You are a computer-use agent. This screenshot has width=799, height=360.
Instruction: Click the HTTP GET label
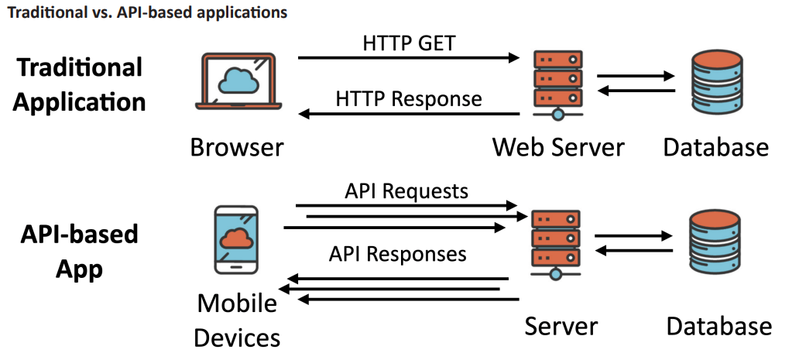[409, 43]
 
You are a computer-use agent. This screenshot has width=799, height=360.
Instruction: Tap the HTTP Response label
[409, 99]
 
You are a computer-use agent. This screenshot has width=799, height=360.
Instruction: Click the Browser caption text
[237, 146]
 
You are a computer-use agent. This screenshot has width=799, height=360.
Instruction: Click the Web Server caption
[558, 146]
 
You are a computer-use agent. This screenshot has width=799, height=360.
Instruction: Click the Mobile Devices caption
[237, 321]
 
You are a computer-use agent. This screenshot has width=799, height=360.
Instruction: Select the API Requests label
[406, 190]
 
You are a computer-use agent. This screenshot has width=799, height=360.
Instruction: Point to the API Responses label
[397, 253]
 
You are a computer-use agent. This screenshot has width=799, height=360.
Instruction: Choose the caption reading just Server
[561, 325]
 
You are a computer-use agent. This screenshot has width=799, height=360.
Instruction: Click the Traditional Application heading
[81, 84]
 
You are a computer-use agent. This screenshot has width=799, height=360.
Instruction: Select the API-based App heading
[79, 252]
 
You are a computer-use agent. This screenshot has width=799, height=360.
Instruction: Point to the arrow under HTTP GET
[408, 58]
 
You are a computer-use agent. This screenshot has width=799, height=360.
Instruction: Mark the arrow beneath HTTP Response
[409, 115]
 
